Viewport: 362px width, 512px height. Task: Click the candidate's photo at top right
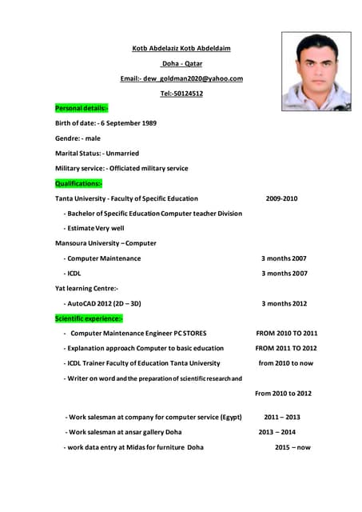click(316, 71)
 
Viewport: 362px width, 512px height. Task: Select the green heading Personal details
click(82, 108)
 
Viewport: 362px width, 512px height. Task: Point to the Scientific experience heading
click(89, 318)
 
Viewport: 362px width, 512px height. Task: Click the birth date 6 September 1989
click(128, 123)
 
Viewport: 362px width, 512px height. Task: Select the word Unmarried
click(121, 154)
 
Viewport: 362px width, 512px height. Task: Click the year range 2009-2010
click(281, 198)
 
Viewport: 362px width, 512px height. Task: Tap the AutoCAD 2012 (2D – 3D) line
click(104, 304)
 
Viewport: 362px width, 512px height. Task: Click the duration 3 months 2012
click(284, 304)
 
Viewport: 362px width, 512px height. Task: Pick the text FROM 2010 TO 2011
click(286, 334)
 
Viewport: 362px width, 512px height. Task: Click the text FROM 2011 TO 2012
click(285, 349)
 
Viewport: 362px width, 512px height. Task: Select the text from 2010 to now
click(285, 363)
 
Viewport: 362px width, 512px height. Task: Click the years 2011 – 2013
click(282, 418)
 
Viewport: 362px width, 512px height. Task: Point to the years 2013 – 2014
click(276, 433)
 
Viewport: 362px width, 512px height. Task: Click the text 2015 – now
click(292, 448)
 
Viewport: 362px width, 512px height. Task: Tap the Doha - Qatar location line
click(181, 63)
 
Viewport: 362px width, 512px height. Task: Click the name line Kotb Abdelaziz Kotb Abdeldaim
click(181, 49)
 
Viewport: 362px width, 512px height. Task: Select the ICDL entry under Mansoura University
click(74, 274)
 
